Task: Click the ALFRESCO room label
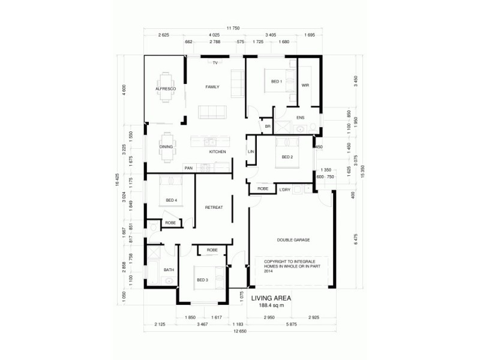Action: point(165,88)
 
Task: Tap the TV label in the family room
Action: point(214,62)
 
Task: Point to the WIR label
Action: point(305,85)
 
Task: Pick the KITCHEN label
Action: point(217,152)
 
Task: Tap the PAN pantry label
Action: point(188,168)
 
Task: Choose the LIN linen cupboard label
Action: point(251,152)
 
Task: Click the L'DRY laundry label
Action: point(285,190)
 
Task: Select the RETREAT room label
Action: point(214,208)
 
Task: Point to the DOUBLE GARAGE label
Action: point(293,239)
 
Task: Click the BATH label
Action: point(169,270)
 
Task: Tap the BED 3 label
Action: point(202,280)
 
